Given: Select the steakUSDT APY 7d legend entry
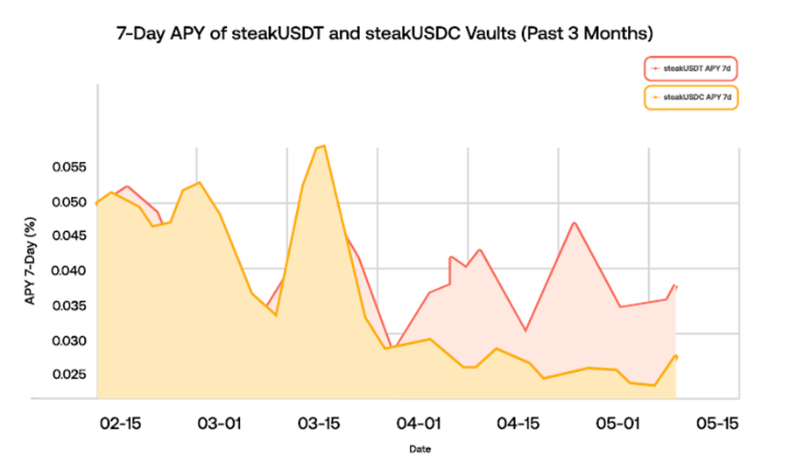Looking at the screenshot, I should click(x=691, y=67).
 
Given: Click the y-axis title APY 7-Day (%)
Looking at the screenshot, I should click(x=30, y=263).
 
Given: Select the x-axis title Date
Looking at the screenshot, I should click(x=419, y=449).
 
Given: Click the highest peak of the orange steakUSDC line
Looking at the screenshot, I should click(x=324, y=146).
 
